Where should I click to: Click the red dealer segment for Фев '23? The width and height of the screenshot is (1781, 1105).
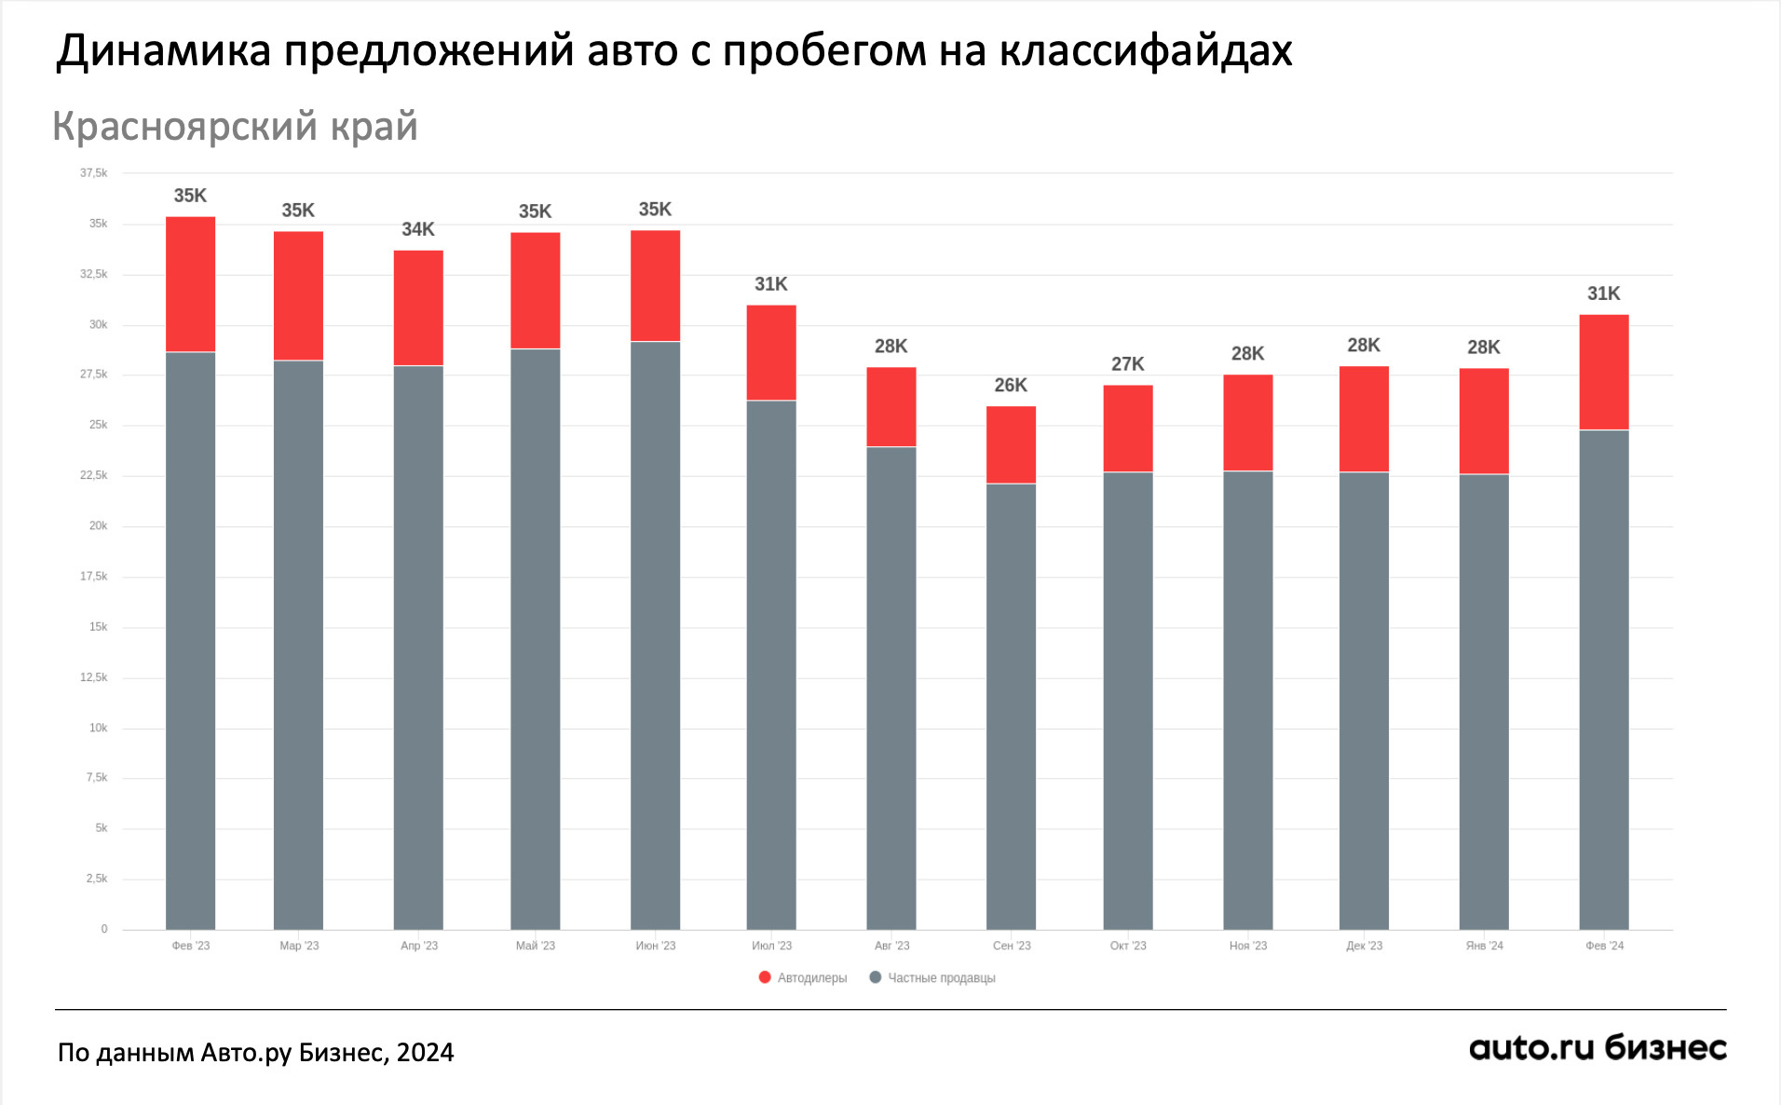tap(190, 284)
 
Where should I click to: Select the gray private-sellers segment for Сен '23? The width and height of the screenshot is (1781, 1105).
tap(1011, 705)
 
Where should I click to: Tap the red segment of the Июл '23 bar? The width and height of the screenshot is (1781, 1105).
tap(771, 352)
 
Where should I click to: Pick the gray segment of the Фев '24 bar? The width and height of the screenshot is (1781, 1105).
tap(1603, 678)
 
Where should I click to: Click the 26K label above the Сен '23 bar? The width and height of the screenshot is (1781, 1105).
tap(1011, 385)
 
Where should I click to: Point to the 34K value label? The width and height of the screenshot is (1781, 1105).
tap(418, 229)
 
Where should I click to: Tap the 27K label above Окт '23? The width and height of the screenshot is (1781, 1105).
tap(1127, 364)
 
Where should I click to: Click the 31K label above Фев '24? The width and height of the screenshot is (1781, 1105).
tap(1603, 293)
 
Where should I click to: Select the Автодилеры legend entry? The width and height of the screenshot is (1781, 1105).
tap(803, 977)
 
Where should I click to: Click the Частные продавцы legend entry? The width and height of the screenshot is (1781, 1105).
tap(932, 977)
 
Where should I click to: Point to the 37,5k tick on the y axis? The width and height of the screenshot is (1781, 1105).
tap(94, 173)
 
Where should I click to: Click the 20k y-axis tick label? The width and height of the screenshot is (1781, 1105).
tap(98, 525)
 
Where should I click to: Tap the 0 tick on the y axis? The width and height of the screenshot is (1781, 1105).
tap(104, 929)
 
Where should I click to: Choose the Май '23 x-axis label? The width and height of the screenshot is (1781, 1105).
tap(535, 946)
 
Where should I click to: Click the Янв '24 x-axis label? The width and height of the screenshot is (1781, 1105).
tap(1484, 946)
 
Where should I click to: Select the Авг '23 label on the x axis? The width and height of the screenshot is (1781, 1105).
tap(891, 946)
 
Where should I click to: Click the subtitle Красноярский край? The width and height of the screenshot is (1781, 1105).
tap(235, 127)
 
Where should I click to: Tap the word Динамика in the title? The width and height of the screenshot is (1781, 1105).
tap(164, 51)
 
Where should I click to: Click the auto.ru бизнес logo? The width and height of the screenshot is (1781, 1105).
tap(1597, 1049)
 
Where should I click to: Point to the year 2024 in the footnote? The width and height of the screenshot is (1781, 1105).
tap(426, 1053)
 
